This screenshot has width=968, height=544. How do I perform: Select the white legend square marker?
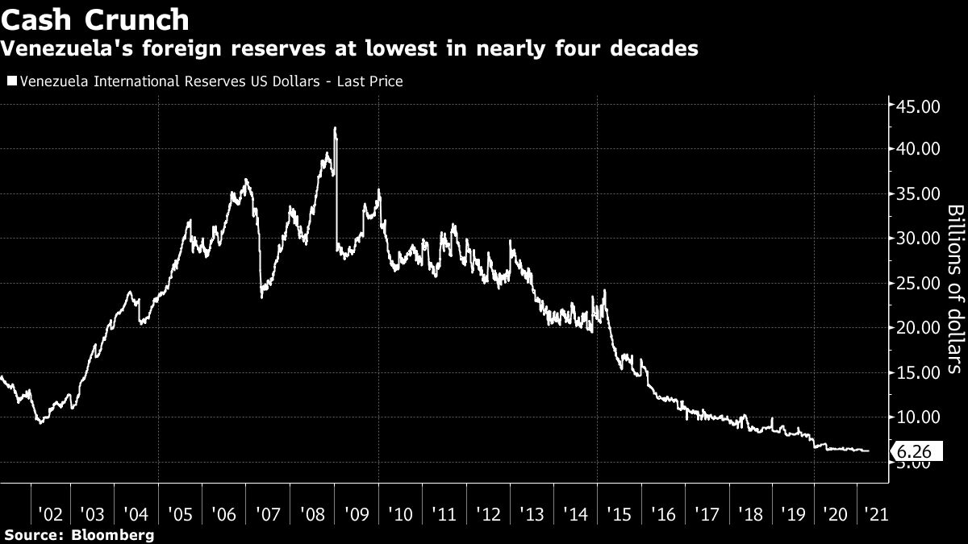(x=10, y=81)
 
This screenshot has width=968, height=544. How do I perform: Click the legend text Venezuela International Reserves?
(x=153, y=81)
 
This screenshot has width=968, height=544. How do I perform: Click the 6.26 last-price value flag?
(x=916, y=452)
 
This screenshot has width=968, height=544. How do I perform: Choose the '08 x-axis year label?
(x=312, y=514)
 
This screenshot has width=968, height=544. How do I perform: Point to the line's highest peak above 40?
(x=334, y=129)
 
